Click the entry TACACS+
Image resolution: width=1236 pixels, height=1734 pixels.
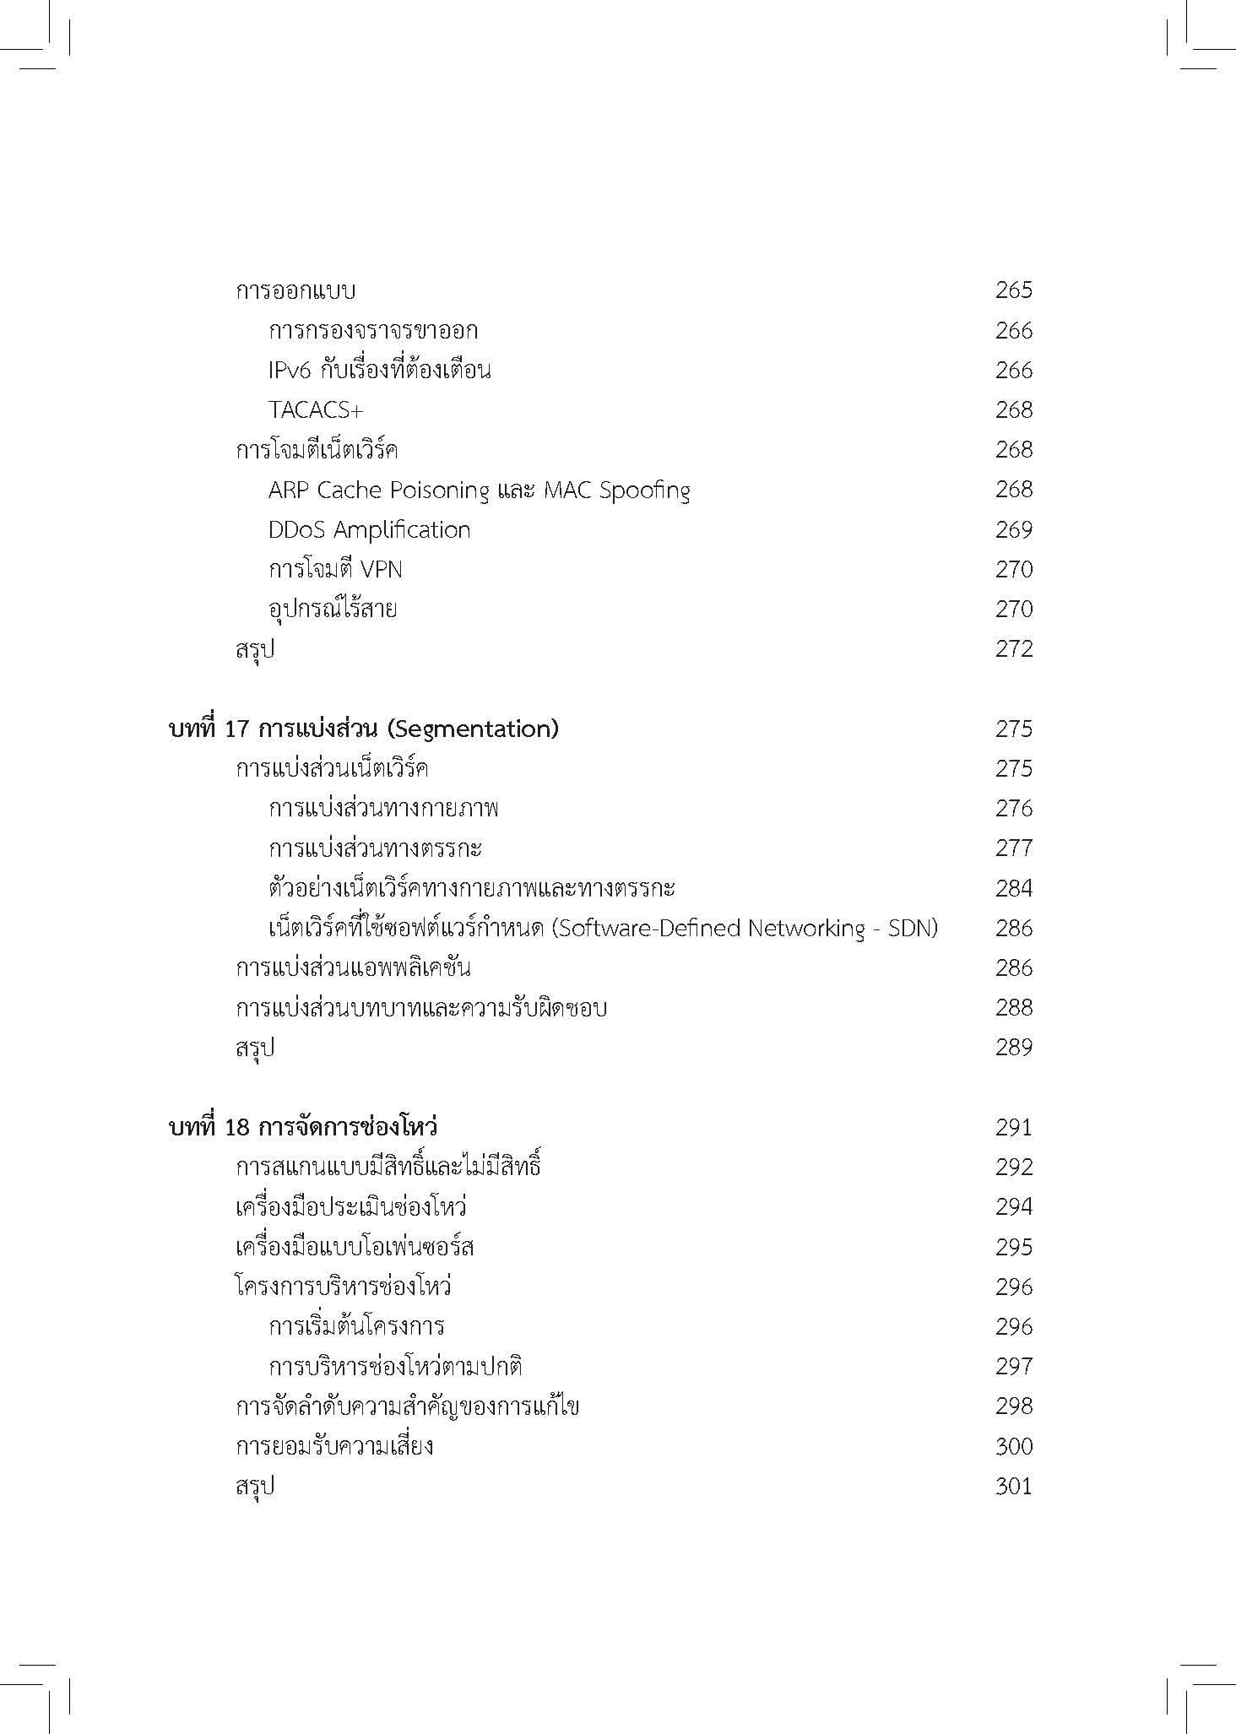(316, 410)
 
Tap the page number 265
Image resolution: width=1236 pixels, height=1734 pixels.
(1013, 290)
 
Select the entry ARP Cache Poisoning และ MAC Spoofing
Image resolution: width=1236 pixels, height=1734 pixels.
(479, 490)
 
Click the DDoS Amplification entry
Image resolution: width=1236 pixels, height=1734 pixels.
(369, 530)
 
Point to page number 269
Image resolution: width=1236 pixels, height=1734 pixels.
(1013, 530)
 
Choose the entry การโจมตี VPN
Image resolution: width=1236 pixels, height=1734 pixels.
(335, 570)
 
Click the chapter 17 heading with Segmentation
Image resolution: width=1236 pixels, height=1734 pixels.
(364, 729)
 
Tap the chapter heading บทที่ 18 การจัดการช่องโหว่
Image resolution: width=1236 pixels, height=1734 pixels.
(303, 1128)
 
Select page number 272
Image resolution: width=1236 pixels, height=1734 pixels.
(1013, 649)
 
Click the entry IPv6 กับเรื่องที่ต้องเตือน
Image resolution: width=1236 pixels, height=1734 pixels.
(379, 371)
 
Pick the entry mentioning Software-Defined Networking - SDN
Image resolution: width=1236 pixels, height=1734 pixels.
(603, 929)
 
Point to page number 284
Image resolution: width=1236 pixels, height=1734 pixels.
(1013, 888)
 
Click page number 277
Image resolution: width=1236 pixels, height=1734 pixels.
(1013, 848)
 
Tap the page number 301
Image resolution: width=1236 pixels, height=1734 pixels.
(1013, 1486)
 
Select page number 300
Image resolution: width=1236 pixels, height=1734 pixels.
(1013, 1446)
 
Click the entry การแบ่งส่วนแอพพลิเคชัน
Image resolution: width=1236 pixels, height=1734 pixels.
(353, 968)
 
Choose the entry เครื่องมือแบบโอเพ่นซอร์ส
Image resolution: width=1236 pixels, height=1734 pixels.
(355, 1248)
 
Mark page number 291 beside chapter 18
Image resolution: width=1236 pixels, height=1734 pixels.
(1013, 1128)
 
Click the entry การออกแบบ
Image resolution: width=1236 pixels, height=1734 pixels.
(295, 291)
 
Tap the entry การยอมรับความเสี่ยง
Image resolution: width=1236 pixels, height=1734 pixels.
(334, 1447)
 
